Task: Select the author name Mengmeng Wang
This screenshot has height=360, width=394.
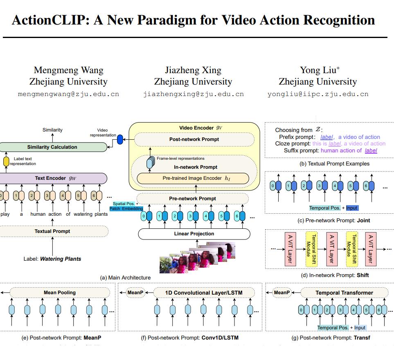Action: [x=68, y=70]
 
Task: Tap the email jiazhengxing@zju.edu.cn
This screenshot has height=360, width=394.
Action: [x=193, y=94]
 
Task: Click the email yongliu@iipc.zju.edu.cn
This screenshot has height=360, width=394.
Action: [x=318, y=94]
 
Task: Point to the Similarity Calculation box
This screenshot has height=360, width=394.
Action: [x=52, y=147]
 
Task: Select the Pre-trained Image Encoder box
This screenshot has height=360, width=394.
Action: [x=193, y=178]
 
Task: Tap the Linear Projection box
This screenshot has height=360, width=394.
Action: [x=194, y=234]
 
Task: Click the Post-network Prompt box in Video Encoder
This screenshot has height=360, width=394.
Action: [x=194, y=139]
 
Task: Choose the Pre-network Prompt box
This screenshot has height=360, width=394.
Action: [x=193, y=199]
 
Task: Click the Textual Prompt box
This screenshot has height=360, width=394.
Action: [x=52, y=231]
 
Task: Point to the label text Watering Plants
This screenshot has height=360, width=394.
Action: [x=60, y=259]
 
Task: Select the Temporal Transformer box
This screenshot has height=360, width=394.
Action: [x=344, y=293]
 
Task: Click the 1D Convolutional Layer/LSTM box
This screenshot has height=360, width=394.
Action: [x=204, y=293]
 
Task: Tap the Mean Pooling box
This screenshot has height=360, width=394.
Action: [x=60, y=293]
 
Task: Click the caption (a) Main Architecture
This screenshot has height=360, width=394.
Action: [x=125, y=277]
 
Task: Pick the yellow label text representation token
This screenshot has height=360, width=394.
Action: [x=6, y=161]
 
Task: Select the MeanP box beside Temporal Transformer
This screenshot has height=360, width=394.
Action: [x=281, y=293]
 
